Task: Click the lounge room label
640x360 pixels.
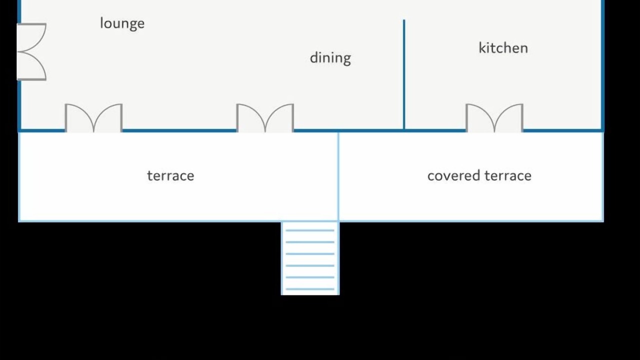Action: [x=122, y=23]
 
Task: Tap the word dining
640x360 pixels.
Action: [x=330, y=58]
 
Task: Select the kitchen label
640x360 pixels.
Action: [x=503, y=48]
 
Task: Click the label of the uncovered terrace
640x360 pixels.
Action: [x=170, y=175]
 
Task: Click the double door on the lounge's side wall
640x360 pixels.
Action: [x=31, y=51]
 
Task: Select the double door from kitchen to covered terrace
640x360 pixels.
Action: [x=494, y=118]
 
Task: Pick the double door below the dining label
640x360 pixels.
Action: [x=265, y=118]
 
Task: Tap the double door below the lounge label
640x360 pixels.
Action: [x=93, y=118]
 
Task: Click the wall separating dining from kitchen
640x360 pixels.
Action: [x=404, y=75]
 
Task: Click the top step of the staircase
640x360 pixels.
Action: [x=310, y=230]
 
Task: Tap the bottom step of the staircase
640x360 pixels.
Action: [x=310, y=288]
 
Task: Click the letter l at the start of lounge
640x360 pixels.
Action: [x=101, y=22]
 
